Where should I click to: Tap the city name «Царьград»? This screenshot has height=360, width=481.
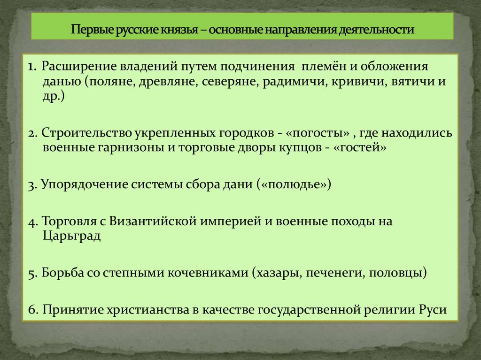71,235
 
